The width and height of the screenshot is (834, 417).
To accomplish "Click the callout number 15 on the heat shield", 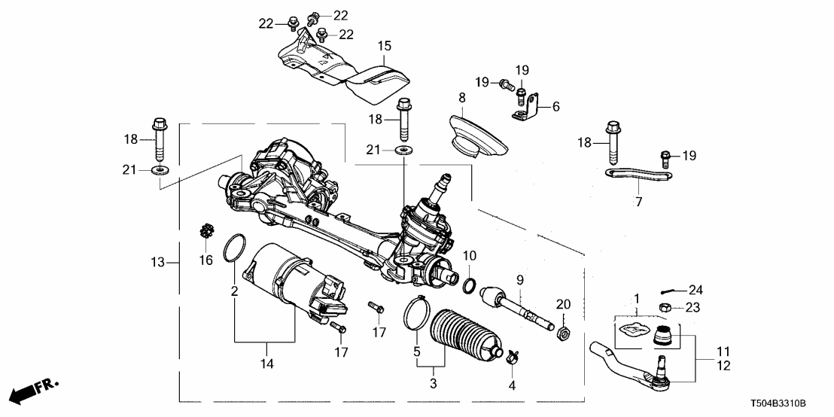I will [x=385, y=47].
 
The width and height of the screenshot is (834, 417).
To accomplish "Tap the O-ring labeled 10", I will [x=469, y=285].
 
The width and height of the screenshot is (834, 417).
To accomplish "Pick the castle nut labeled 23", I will [x=665, y=307].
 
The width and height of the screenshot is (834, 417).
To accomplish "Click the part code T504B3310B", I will [x=787, y=403].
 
